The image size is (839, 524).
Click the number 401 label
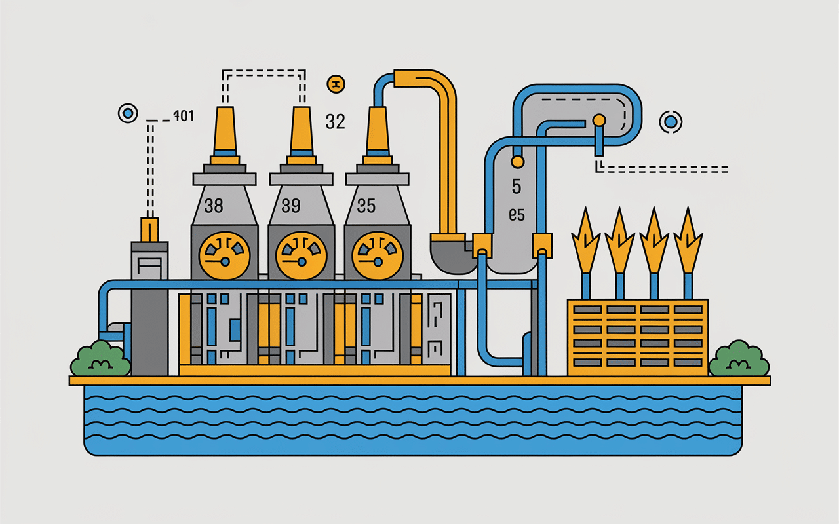click(183, 117)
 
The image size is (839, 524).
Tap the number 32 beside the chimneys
click(335, 121)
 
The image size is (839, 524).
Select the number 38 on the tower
click(214, 206)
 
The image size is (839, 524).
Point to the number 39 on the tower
click(290, 206)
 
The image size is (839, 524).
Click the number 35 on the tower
click(366, 206)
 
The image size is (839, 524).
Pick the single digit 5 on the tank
click(516, 187)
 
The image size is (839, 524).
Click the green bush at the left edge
click(100, 359)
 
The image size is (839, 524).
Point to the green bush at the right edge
click(739, 359)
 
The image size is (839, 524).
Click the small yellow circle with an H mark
click(335, 83)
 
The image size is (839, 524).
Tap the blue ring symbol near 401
click(128, 113)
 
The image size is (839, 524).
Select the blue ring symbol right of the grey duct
click(671, 121)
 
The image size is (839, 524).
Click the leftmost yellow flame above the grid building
click(585, 239)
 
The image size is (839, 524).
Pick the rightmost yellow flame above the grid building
click(688, 239)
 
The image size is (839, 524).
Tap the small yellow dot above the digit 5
click(517, 160)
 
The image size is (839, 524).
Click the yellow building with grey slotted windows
click(637, 337)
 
